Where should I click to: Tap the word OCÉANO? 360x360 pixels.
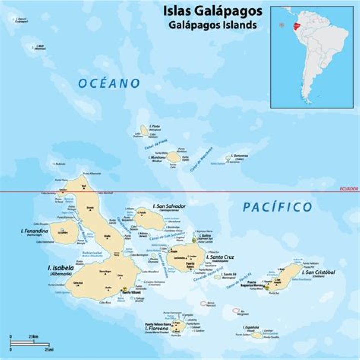tap(109, 84)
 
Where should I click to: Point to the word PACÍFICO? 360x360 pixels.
tap(278, 207)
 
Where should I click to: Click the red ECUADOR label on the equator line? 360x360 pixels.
tap(348, 188)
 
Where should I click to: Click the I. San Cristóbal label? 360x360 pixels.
tap(318, 272)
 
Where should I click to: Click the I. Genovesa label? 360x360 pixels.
tap(238, 156)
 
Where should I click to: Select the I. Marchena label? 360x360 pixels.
tap(157, 157)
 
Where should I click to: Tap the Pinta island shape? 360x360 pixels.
tap(145, 131)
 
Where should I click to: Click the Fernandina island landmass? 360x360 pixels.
tap(63, 233)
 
